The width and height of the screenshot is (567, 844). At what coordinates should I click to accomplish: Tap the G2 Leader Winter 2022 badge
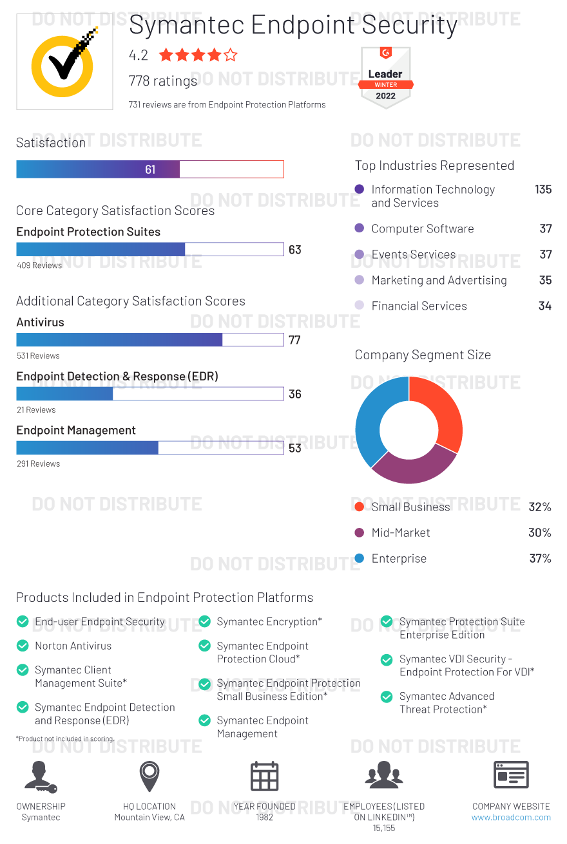385,78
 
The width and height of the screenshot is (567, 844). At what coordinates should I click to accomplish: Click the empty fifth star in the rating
231,55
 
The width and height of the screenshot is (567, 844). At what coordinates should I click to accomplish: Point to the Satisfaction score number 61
150,170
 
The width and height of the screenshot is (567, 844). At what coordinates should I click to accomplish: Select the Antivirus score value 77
294,340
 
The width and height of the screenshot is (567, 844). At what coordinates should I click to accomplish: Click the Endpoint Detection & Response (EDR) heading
117,376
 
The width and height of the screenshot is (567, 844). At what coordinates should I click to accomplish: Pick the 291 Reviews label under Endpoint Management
38,464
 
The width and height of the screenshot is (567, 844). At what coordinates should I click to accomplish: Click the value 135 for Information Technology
543,189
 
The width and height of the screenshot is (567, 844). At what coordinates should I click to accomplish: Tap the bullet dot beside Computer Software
360,229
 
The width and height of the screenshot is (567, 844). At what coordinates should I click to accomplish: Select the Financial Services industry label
419,306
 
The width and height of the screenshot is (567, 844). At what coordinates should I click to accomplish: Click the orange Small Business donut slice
445,412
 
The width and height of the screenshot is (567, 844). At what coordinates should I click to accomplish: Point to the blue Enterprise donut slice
370,418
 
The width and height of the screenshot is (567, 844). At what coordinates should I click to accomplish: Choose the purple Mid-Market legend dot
360,532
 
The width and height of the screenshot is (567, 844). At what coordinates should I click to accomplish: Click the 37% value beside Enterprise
540,558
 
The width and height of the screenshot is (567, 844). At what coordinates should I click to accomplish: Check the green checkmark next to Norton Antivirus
23,646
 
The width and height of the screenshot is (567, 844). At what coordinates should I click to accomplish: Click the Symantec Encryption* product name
269,621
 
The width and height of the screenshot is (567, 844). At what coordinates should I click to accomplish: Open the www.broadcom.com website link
511,818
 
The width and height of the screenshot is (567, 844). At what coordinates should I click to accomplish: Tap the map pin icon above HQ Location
149,776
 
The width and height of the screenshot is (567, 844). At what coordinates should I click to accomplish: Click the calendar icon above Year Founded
264,776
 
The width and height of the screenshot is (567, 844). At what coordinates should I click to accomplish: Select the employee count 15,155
384,829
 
